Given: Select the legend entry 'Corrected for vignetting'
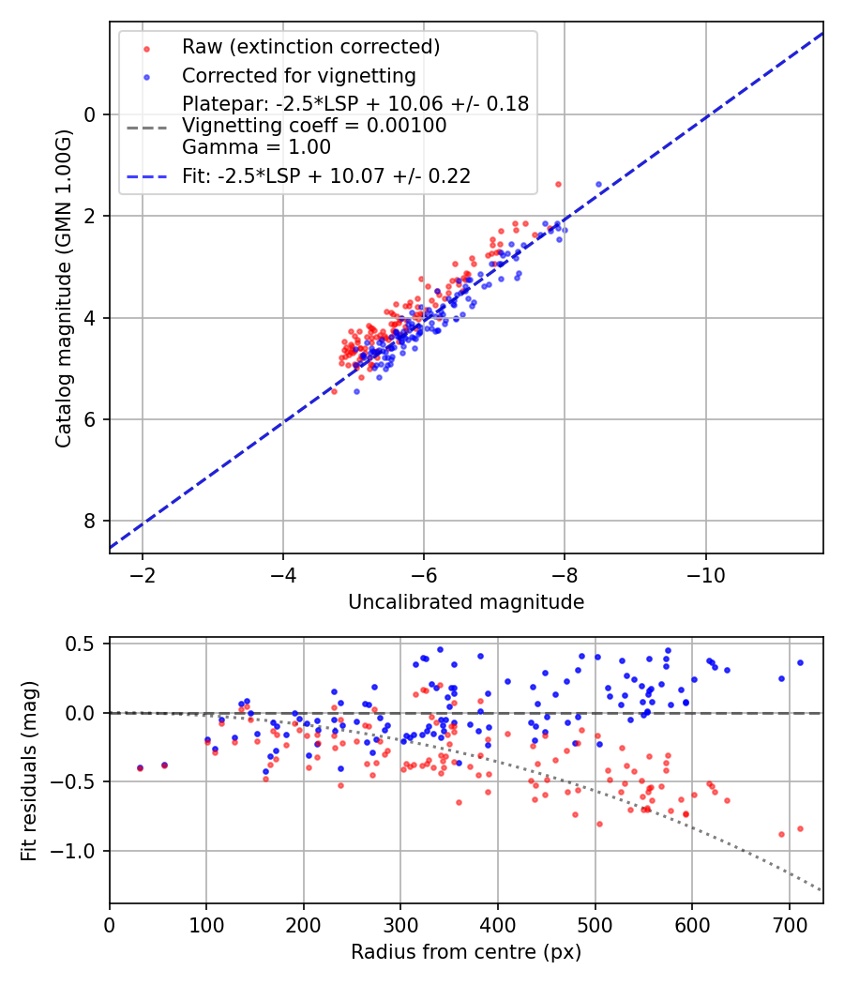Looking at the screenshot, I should coord(298,75).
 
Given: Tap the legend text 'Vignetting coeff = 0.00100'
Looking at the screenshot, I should coord(314,125).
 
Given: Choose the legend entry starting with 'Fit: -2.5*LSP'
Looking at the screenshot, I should coord(325,175).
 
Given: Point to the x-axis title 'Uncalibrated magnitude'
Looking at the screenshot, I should coord(466,602).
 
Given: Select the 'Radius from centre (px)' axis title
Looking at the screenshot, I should coord(466,952).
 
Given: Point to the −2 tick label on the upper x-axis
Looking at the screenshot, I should coord(143,575).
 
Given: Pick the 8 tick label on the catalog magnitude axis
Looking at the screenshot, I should coord(91,522).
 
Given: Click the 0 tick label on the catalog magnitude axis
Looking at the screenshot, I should coord(91,114).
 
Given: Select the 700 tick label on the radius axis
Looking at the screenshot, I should coord(789,925).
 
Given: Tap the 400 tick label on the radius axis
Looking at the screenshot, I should coord(498,925).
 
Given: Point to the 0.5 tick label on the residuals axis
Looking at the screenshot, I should coord(84,644).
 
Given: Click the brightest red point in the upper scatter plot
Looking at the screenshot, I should coord(558,184).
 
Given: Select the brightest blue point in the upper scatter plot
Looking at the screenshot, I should coord(598,184).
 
